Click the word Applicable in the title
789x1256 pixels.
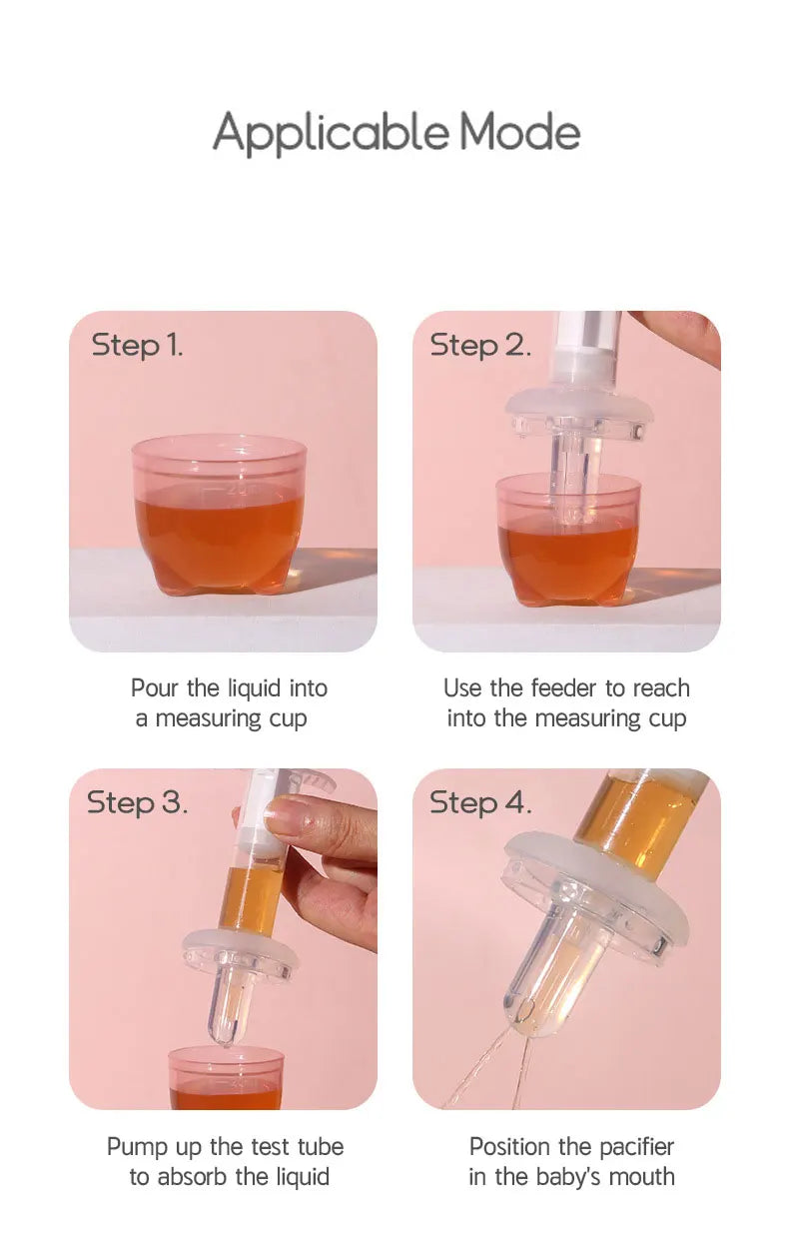click(331, 134)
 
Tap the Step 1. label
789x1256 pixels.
click(137, 346)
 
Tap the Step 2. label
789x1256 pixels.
click(479, 346)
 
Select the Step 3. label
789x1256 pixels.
click(137, 802)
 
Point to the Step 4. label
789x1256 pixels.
click(480, 802)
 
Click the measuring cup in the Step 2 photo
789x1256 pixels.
click(567, 541)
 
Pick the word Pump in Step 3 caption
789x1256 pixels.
click(131, 1147)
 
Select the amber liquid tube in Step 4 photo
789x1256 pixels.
click(638, 809)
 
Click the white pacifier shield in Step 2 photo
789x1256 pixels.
click(578, 410)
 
